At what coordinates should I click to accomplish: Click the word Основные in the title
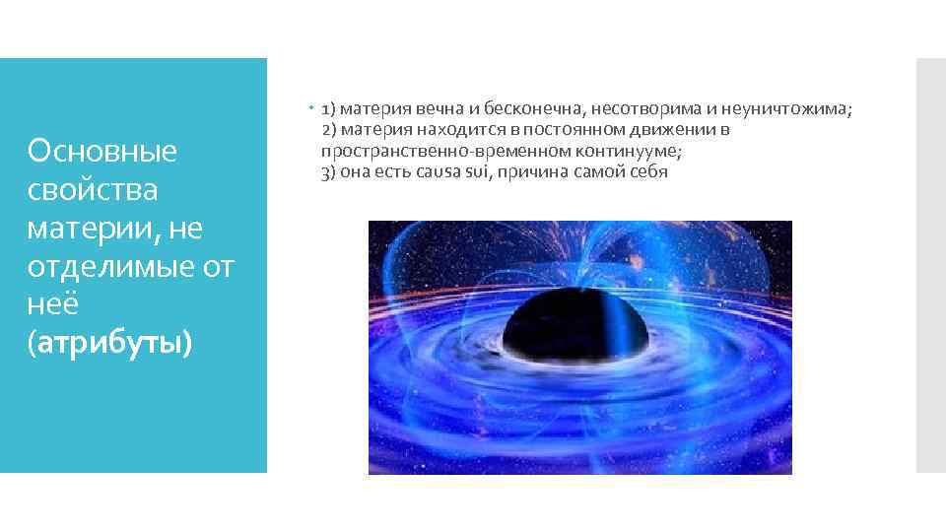tap(102, 151)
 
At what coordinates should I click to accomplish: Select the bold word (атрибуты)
tap(111, 342)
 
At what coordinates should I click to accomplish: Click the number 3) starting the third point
tap(329, 171)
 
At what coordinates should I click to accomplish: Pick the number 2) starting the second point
tap(329, 130)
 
